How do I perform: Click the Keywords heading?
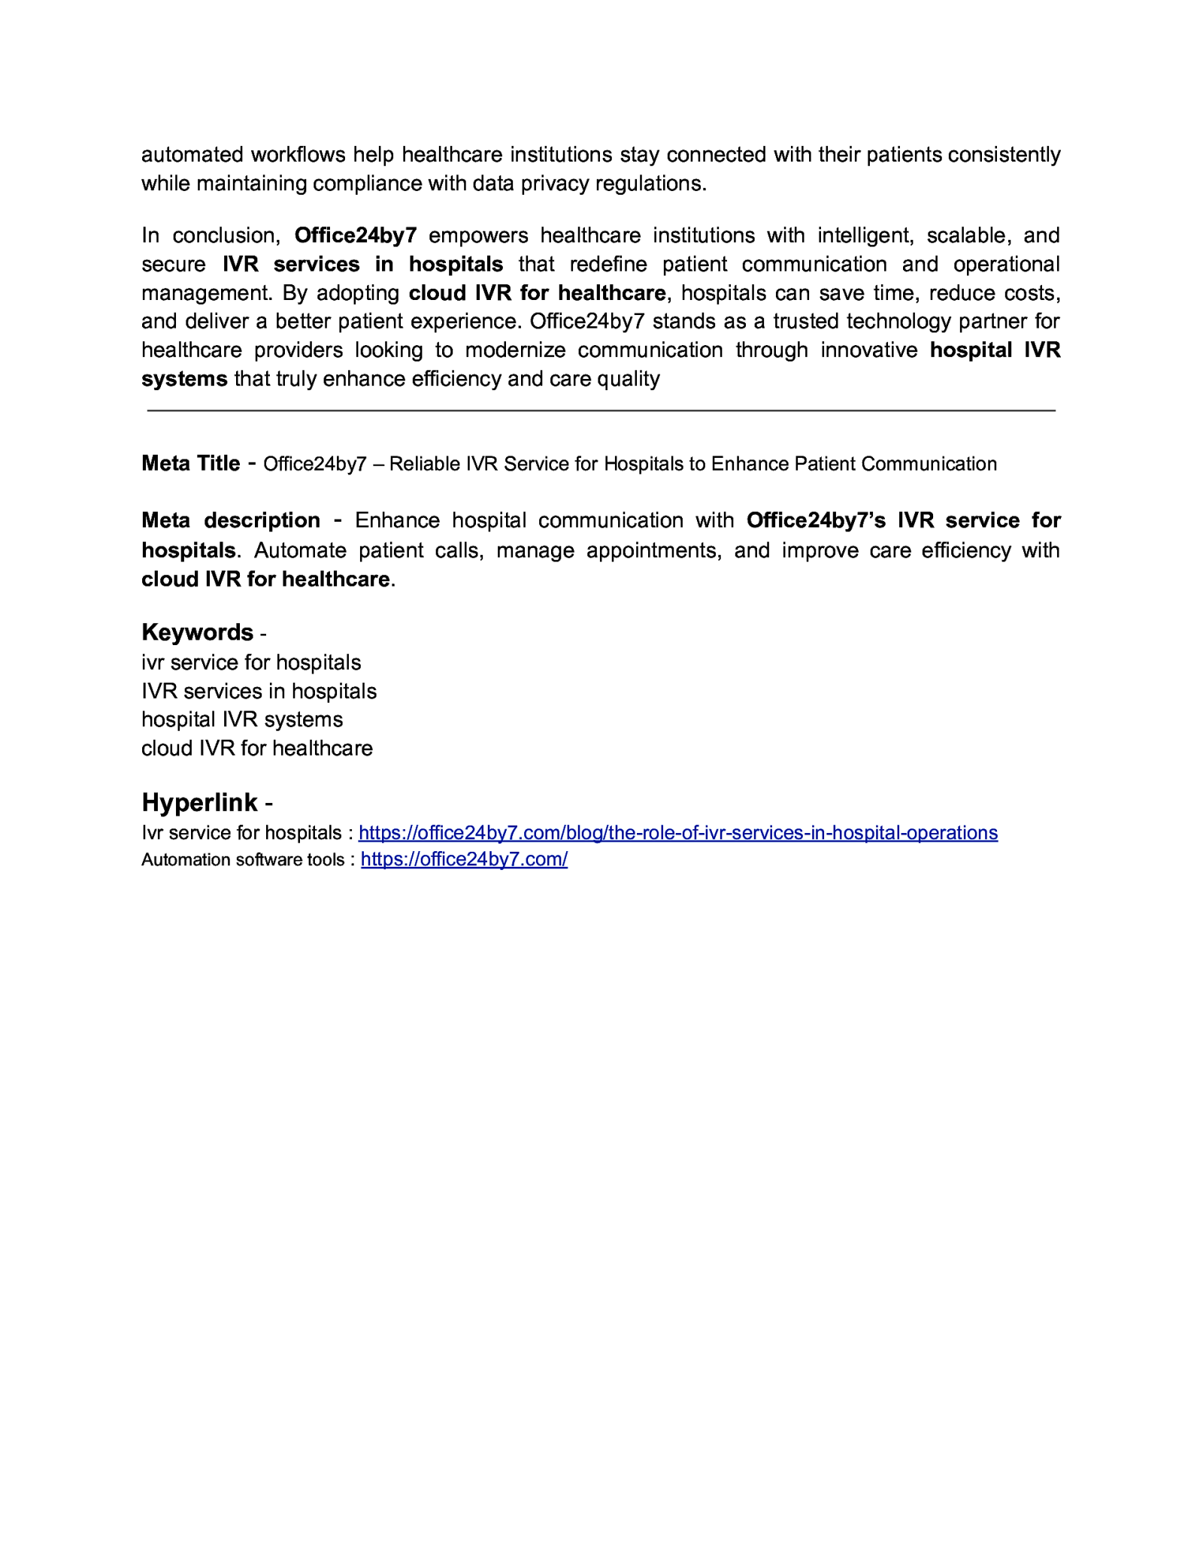197,632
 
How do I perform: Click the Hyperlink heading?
199,802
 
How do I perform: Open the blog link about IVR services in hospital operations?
677,833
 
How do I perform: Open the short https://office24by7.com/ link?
464,859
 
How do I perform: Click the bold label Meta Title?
190,463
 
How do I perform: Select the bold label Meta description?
230,520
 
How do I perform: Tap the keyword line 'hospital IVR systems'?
241,719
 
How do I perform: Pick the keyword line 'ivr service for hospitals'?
250,662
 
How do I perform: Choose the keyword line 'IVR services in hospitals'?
259,691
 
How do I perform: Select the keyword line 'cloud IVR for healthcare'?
256,748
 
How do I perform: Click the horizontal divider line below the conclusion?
601,410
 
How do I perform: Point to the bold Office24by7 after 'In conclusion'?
355,235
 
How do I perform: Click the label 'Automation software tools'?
242,860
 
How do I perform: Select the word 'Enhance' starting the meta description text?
397,520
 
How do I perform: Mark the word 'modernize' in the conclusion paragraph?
515,350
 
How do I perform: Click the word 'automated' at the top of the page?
192,155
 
